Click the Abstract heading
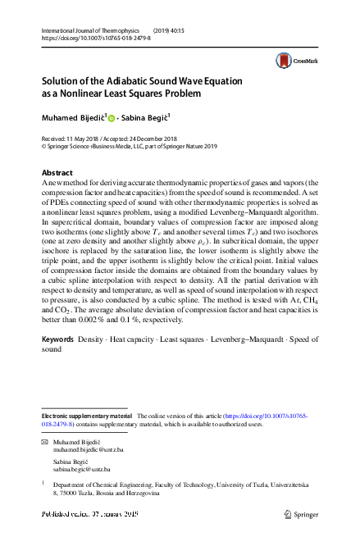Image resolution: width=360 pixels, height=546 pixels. [57, 173]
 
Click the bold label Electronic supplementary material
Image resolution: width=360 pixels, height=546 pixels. [85, 416]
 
